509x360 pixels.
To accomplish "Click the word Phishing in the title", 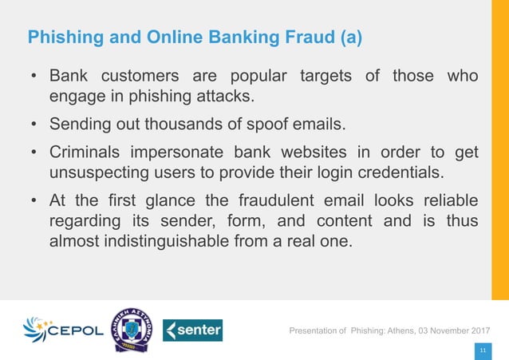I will [62, 38].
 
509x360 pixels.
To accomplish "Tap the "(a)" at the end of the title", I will [350, 38].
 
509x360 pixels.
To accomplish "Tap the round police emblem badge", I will [130, 330].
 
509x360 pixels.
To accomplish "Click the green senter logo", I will [192, 330].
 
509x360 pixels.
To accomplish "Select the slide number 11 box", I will [481, 350].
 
